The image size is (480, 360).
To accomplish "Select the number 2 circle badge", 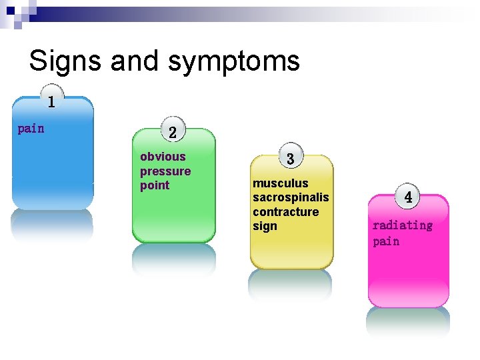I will point(173,132).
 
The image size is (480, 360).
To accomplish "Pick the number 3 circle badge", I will point(291,158).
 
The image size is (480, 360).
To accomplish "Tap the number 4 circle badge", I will point(408,197).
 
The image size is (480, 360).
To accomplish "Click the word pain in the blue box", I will point(31,128).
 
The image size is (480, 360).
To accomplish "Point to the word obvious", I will point(163,157).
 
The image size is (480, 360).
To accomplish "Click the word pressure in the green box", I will point(165,171).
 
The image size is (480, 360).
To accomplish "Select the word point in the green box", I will point(155,185).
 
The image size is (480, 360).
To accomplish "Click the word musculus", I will point(280,183).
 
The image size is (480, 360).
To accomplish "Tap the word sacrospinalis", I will point(291,197).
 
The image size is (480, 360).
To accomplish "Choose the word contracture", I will point(285,212).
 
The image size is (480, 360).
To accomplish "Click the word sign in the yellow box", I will point(265,226).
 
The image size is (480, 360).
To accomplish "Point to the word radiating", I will point(402,225).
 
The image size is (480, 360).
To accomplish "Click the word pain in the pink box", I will point(386,241).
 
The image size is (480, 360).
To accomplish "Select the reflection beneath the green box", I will point(173,258).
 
